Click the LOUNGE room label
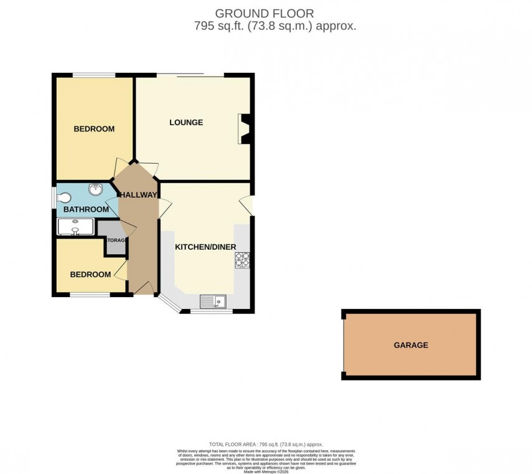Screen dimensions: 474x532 point(186,122)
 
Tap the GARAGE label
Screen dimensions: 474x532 point(411,344)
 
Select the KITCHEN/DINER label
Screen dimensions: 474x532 point(205,247)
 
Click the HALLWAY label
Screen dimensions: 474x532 point(138,195)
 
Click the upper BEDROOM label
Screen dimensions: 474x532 point(94,129)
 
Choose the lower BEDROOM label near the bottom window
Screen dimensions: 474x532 point(90,275)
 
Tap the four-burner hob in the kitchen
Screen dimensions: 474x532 point(242,259)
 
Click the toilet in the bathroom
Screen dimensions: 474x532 point(63,198)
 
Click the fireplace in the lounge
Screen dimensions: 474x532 point(244,129)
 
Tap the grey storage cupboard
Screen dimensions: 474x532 point(115,239)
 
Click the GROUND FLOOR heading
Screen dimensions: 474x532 point(265,13)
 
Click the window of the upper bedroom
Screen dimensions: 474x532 point(94,76)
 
